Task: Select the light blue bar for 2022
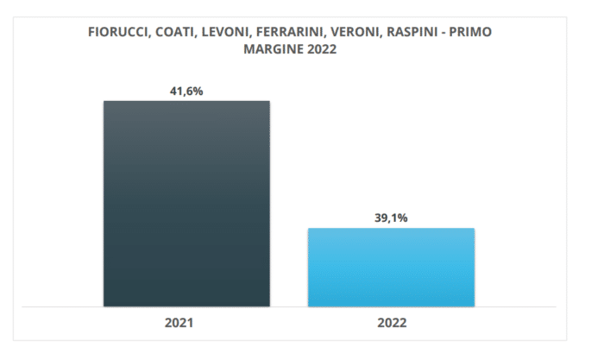[x=391, y=267]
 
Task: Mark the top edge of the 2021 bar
[x=186, y=102]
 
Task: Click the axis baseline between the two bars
[x=289, y=306]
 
